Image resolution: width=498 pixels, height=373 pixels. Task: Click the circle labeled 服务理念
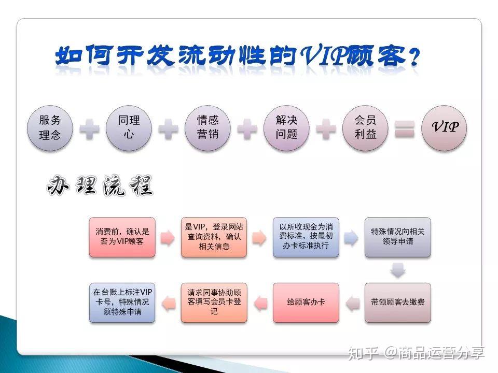tap(50, 128)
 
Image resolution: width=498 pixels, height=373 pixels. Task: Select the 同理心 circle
tap(129, 128)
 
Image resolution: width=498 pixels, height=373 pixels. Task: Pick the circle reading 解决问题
tap(287, 128)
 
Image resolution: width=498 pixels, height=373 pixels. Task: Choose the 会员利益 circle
tap(365, 128)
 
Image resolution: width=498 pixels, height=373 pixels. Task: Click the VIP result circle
tap(445, 128)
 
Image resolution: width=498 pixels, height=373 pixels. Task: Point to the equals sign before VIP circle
tap(405, 129)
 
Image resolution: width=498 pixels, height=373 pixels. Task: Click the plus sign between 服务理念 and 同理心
tap(89, 128)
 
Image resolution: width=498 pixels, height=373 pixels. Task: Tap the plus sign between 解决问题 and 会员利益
tap(326, 128)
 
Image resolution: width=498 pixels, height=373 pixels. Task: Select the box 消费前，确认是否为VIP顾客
tap(122, 237)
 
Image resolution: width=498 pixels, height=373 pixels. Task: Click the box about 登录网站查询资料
tap(214, 237)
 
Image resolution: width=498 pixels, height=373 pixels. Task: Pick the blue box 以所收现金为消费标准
tap(306, 237)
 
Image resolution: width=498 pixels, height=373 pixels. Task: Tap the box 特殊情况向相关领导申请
tap(397, 237)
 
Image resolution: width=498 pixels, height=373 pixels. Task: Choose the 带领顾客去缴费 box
tap(397, 302)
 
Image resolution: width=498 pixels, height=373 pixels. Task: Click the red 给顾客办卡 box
tap(306, 302)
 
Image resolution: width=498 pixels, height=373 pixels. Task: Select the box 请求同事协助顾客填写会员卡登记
tap(214, 302)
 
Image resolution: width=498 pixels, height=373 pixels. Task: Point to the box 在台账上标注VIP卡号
tap(122, 302)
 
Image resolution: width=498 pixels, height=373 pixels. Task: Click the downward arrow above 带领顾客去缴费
tap(397, 270)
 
